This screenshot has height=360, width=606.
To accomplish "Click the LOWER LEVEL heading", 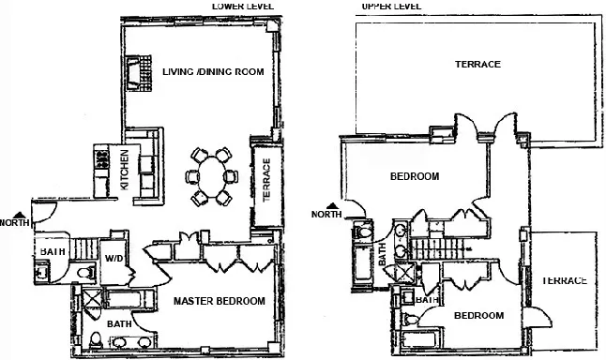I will pos(244,6).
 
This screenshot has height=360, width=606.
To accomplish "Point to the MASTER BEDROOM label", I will pos(219,301).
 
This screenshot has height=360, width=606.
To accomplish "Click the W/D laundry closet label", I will pos(114,258).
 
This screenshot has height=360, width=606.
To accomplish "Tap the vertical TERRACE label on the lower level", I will pos(265,175).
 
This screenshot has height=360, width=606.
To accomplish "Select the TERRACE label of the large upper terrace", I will pos(477,65).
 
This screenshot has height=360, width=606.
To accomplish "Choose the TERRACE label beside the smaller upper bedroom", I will pos(563,280).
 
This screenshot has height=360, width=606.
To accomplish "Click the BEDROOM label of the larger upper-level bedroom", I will pos(414,176).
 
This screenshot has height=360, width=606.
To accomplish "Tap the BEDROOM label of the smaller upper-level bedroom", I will pos(478,316).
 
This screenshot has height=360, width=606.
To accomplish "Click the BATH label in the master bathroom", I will pos(119,323).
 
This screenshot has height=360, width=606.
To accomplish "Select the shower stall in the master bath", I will pos(92,300).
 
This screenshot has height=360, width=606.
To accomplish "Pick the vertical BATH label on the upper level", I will pos(382,253).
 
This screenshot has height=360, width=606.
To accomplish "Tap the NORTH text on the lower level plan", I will pos(15,223).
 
